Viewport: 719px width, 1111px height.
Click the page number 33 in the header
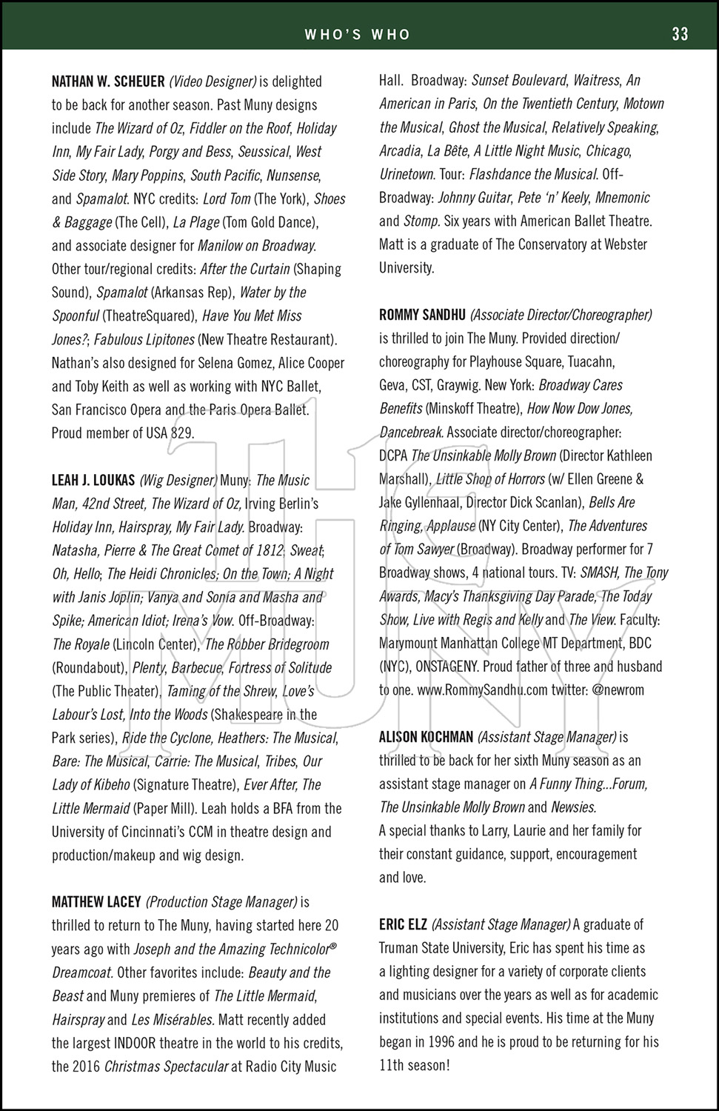point(680,34)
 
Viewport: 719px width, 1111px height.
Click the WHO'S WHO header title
point(357,34)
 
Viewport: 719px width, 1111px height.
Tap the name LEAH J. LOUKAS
point(93,481)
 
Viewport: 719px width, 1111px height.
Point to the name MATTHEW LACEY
point(96,902)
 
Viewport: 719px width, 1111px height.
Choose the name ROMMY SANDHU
point(422,315)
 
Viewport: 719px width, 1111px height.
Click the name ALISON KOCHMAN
point(426,737)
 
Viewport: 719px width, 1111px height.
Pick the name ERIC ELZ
point(402,924)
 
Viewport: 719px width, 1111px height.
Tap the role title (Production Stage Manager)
point(221,902)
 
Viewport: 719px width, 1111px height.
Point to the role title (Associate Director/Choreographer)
point(561,315)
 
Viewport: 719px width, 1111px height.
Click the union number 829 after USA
point(182,433)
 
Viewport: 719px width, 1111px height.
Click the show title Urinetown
point(407,175)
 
